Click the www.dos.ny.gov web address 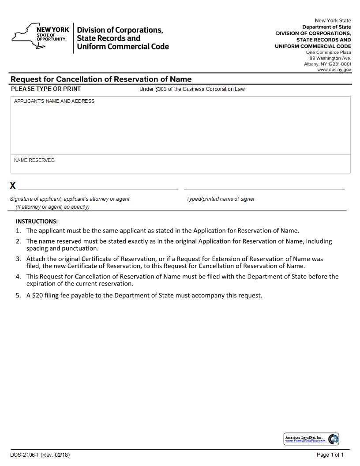coord(334,70)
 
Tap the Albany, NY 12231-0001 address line coord(327,64)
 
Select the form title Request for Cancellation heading coord(101,79)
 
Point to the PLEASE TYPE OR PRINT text coord(46,89)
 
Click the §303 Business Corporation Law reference coord(192,89)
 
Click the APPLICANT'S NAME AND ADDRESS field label coord(54,101)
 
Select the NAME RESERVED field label coord(34,160)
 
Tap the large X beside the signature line coord(13,186)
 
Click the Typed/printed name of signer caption coord(221,199)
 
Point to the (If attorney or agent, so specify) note coord(52,207)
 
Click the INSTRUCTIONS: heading coord(37,222)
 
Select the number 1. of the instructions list coord(18,230)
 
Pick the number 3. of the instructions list coord(18,259)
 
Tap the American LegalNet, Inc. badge coord(311,439)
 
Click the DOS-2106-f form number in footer coord(25,455)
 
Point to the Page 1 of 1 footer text coord(330,455)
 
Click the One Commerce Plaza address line coord(329,53)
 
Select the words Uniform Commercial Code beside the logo coord(123,47)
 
